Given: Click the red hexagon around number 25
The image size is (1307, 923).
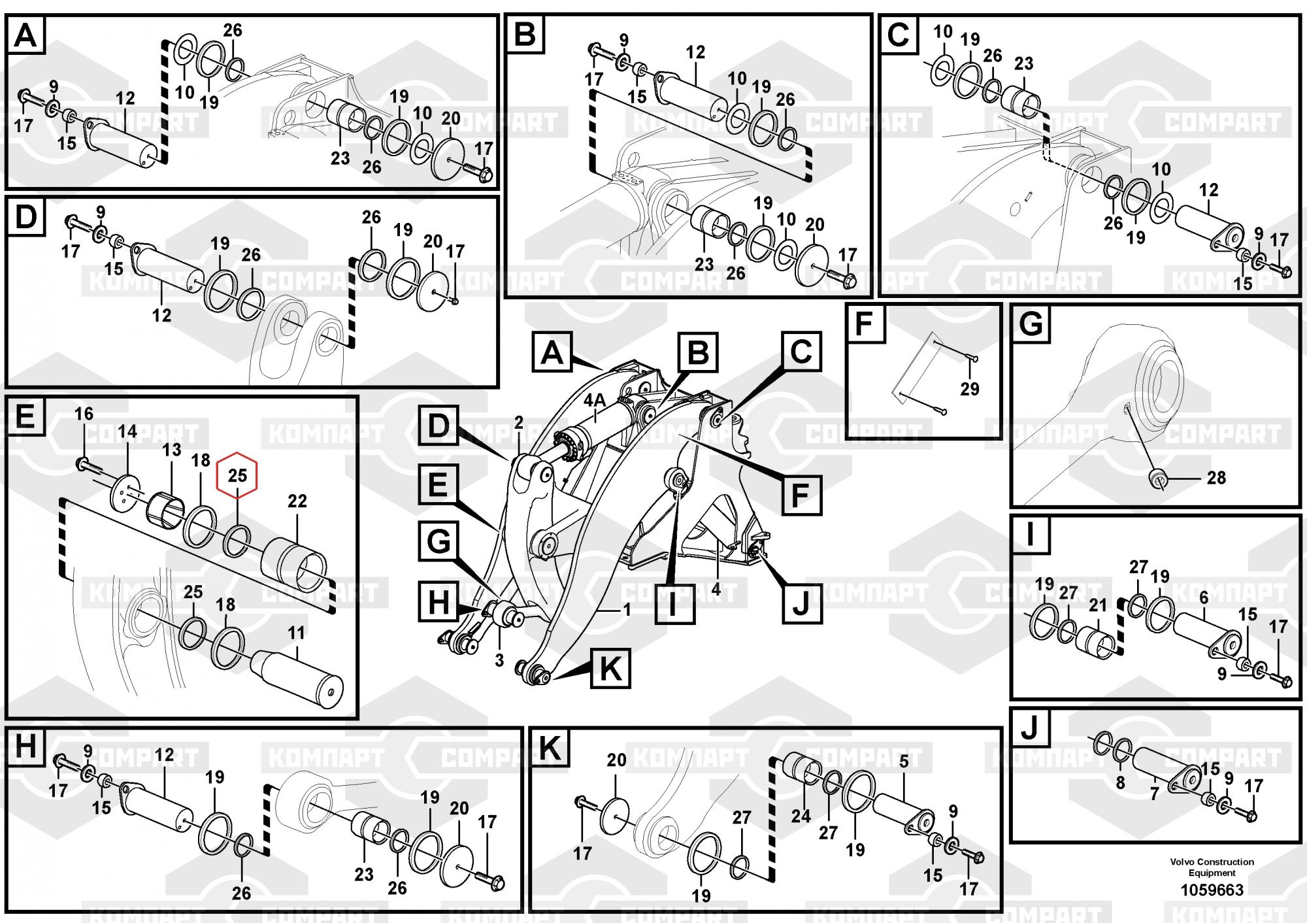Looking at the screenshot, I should tap(237, 475).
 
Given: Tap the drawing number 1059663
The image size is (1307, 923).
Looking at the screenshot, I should tap(1212, 890).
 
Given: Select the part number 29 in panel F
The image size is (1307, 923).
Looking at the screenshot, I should tap(969, 389).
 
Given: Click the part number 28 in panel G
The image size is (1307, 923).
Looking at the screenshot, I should tap(1216, 478).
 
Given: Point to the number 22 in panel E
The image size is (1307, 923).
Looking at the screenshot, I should tap(297, 501).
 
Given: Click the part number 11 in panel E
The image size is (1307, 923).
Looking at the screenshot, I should tap(296, 633).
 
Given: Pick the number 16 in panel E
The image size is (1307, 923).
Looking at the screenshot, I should tap(84, 414).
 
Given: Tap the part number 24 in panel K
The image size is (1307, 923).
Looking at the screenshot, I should tap(801, 816).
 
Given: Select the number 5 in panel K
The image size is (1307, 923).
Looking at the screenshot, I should tap(904, 762).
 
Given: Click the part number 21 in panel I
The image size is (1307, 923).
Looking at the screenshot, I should tap(1097, 605).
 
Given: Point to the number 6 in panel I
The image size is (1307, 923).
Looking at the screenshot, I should tap(1203, 597).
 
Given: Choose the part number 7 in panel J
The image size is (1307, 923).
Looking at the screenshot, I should tap(1154, 794).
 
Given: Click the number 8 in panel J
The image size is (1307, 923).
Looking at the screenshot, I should tap(1120, 782).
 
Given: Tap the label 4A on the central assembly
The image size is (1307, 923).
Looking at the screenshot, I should tap(595, 400).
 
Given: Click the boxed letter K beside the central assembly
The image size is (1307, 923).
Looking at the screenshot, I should tap(610, 668).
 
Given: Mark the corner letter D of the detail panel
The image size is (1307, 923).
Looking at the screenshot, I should tap(25, 217).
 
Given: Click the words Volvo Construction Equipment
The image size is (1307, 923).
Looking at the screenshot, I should tap(1212, 867).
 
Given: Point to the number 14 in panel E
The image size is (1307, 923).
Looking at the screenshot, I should tap(127, 431).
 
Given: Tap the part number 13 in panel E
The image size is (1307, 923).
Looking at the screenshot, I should tap(171, 450).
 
